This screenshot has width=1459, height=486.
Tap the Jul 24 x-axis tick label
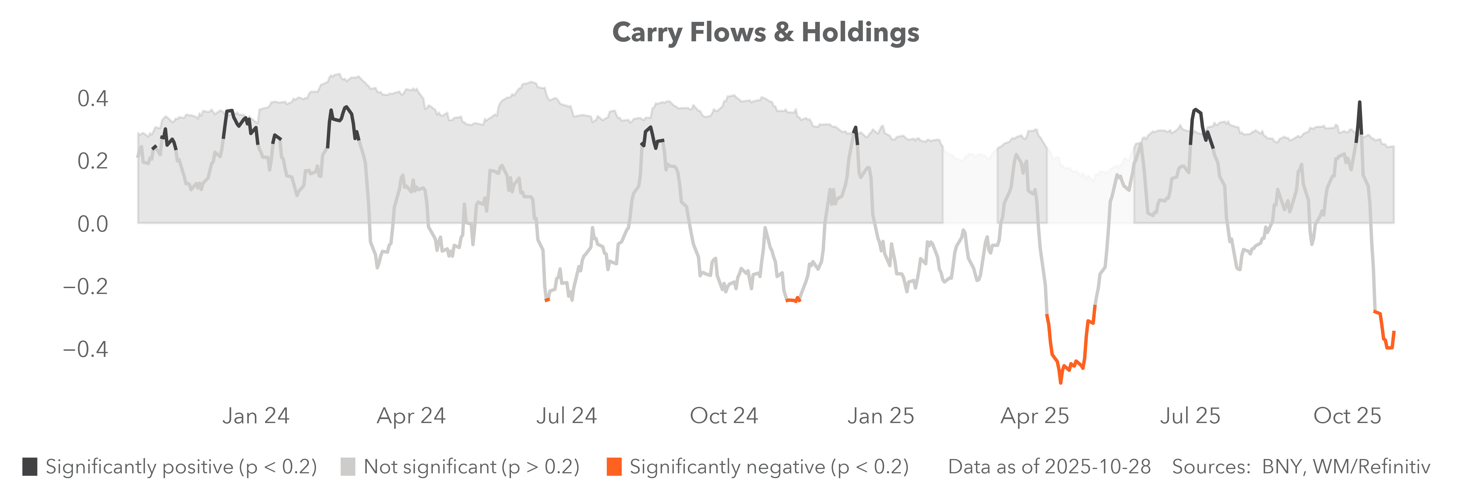[566, 416]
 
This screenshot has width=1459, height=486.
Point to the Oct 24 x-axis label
[724, 416]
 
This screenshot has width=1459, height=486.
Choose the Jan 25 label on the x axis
[881, 416]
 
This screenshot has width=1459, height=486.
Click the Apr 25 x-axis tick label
[1035, 416]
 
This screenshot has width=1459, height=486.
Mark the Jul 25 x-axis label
[1190, 416]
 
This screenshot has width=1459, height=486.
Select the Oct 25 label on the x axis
[1347, 416]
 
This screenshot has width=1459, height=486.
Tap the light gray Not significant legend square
[348, 467]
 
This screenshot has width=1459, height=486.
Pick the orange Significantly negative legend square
[614, 467]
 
